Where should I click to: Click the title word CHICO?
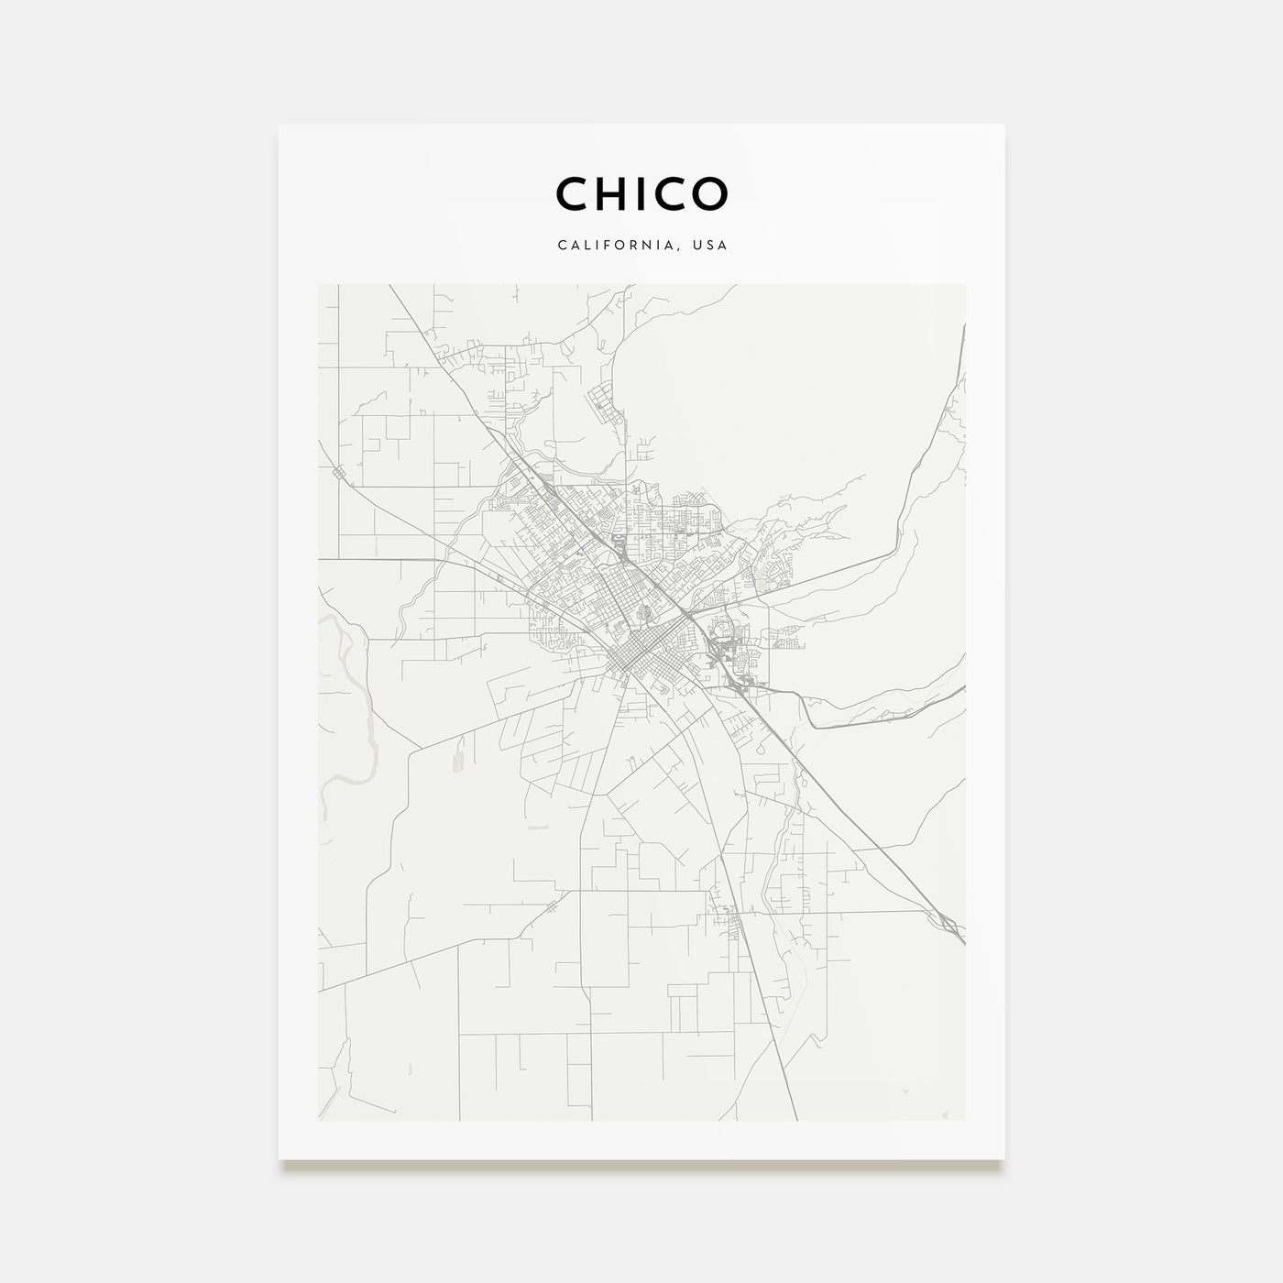click(x=641, y=193)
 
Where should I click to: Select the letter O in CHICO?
click(x=710, y=193)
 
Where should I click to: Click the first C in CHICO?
click(x=572, y=193)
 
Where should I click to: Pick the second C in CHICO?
click(x=673, y=193)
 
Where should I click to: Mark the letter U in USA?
click(x=699, y=246)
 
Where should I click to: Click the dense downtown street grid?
click(x=631, y=655)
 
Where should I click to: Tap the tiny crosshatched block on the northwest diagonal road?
click(x=340, y=472)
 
